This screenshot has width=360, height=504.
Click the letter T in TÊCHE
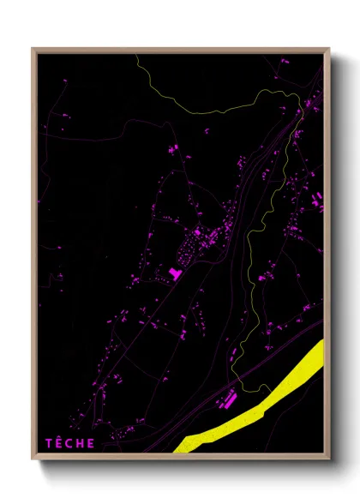pos(49,443)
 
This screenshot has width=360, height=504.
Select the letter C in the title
pos(70,443)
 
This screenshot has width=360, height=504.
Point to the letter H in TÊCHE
pos(81,443)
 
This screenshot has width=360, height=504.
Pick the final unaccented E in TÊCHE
pos(92,443)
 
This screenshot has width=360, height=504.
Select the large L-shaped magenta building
pos(176,273)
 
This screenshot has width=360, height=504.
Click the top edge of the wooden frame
pos(180,50)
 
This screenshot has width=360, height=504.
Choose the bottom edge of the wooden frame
pos(180,458)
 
